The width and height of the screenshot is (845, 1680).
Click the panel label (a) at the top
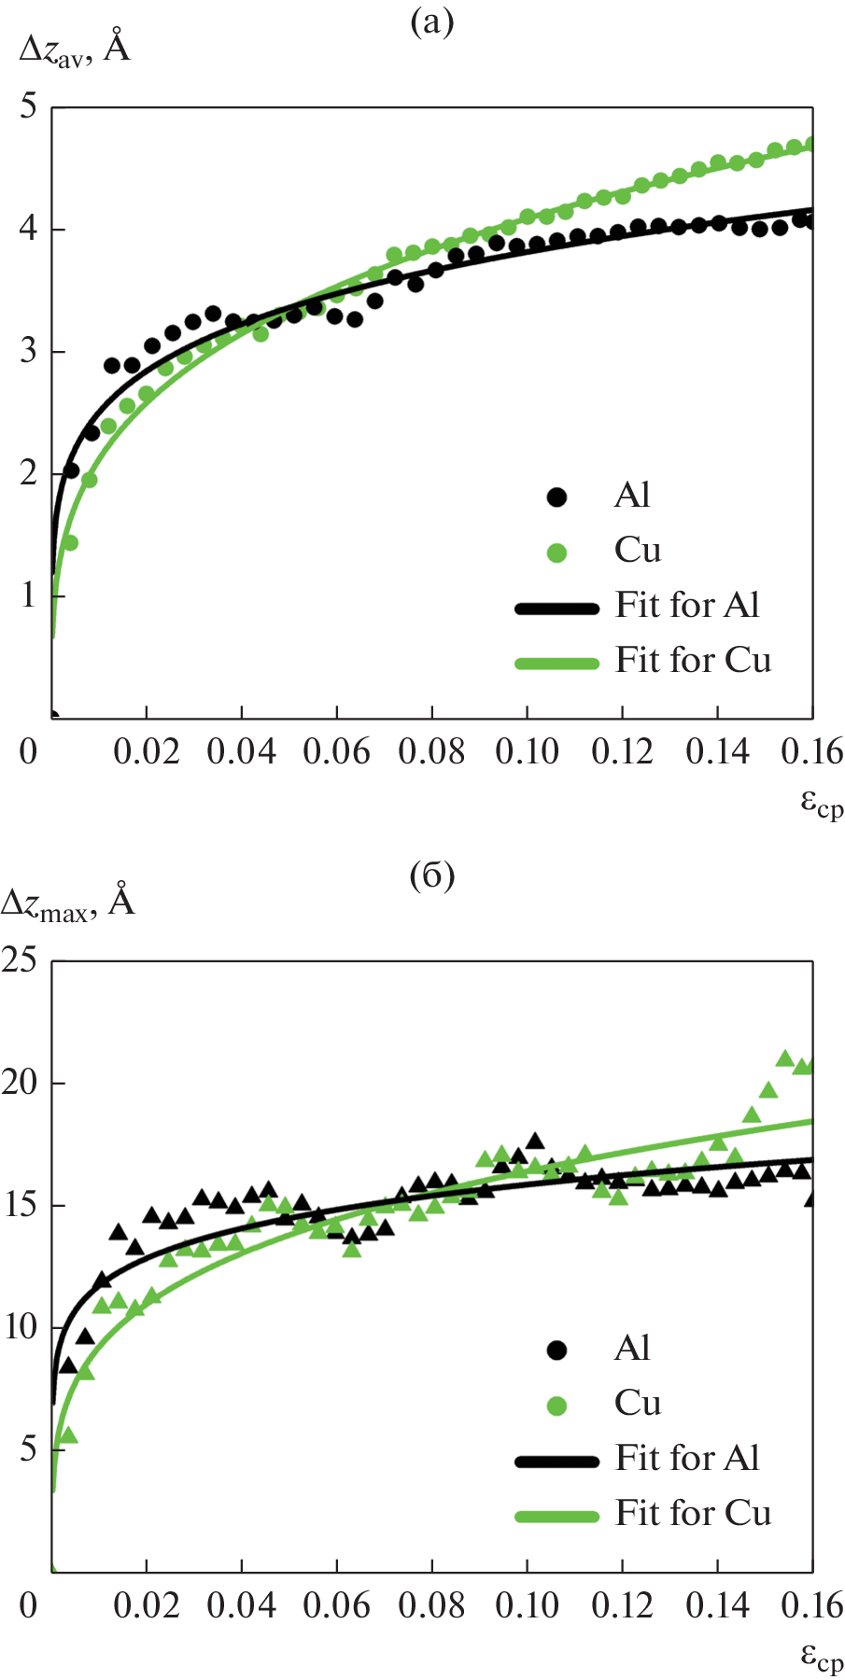(431, 21)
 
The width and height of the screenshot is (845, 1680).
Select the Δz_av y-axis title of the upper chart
(75, 47)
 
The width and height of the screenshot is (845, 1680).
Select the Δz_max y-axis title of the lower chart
(68, 902)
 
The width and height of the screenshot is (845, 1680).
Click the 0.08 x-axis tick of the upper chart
(431, 751)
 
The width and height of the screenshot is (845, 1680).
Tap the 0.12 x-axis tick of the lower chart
(622, 1605)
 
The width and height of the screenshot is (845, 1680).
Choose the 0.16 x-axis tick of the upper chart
(811, 751)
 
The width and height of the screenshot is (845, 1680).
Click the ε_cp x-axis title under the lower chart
(821, 1658)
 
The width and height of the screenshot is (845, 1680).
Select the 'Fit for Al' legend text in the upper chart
(687, 605)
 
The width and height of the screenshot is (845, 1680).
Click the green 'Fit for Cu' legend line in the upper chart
(557, 663)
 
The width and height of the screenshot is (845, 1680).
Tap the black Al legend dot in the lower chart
(557, 1350)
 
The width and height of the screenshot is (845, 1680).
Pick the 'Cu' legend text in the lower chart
(638, 1403)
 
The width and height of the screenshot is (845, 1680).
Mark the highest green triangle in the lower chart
(785, 1059)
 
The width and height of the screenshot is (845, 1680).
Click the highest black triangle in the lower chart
(535, 1141)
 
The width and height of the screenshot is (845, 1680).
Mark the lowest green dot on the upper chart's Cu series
(70, 543)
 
